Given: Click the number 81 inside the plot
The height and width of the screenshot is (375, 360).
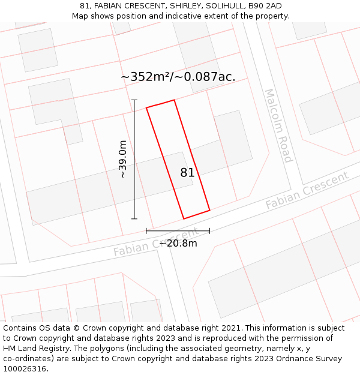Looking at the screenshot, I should [x=187, y=173].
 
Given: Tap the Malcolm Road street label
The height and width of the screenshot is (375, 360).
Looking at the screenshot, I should [x=278, y=126].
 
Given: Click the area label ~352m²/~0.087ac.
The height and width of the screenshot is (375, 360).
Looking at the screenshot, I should [x=178, y=77].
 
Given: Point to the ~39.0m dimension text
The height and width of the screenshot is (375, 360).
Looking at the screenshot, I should [x=122, y=160].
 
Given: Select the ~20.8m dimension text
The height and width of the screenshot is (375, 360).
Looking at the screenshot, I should [x=178, y=243].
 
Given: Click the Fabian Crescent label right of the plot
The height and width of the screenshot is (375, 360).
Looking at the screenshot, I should [x=307, y=190].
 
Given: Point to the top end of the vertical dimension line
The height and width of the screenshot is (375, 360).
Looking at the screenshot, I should [x=134, y=100].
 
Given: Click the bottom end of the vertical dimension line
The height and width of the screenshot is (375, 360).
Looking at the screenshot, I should [x=134, y=219].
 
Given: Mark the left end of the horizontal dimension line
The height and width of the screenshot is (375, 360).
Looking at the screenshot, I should [x=146, y=230].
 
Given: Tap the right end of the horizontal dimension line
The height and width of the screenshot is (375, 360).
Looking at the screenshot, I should [x=209, y=230].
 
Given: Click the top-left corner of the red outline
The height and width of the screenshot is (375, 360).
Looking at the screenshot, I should [x=147, y=107].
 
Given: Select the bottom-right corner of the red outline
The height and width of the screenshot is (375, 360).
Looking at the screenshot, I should [x=209, y=210].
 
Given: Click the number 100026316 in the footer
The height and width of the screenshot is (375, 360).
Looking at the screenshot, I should [x=25, y=369].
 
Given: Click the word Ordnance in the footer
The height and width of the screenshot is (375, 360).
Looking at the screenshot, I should [x=295, y=359].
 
